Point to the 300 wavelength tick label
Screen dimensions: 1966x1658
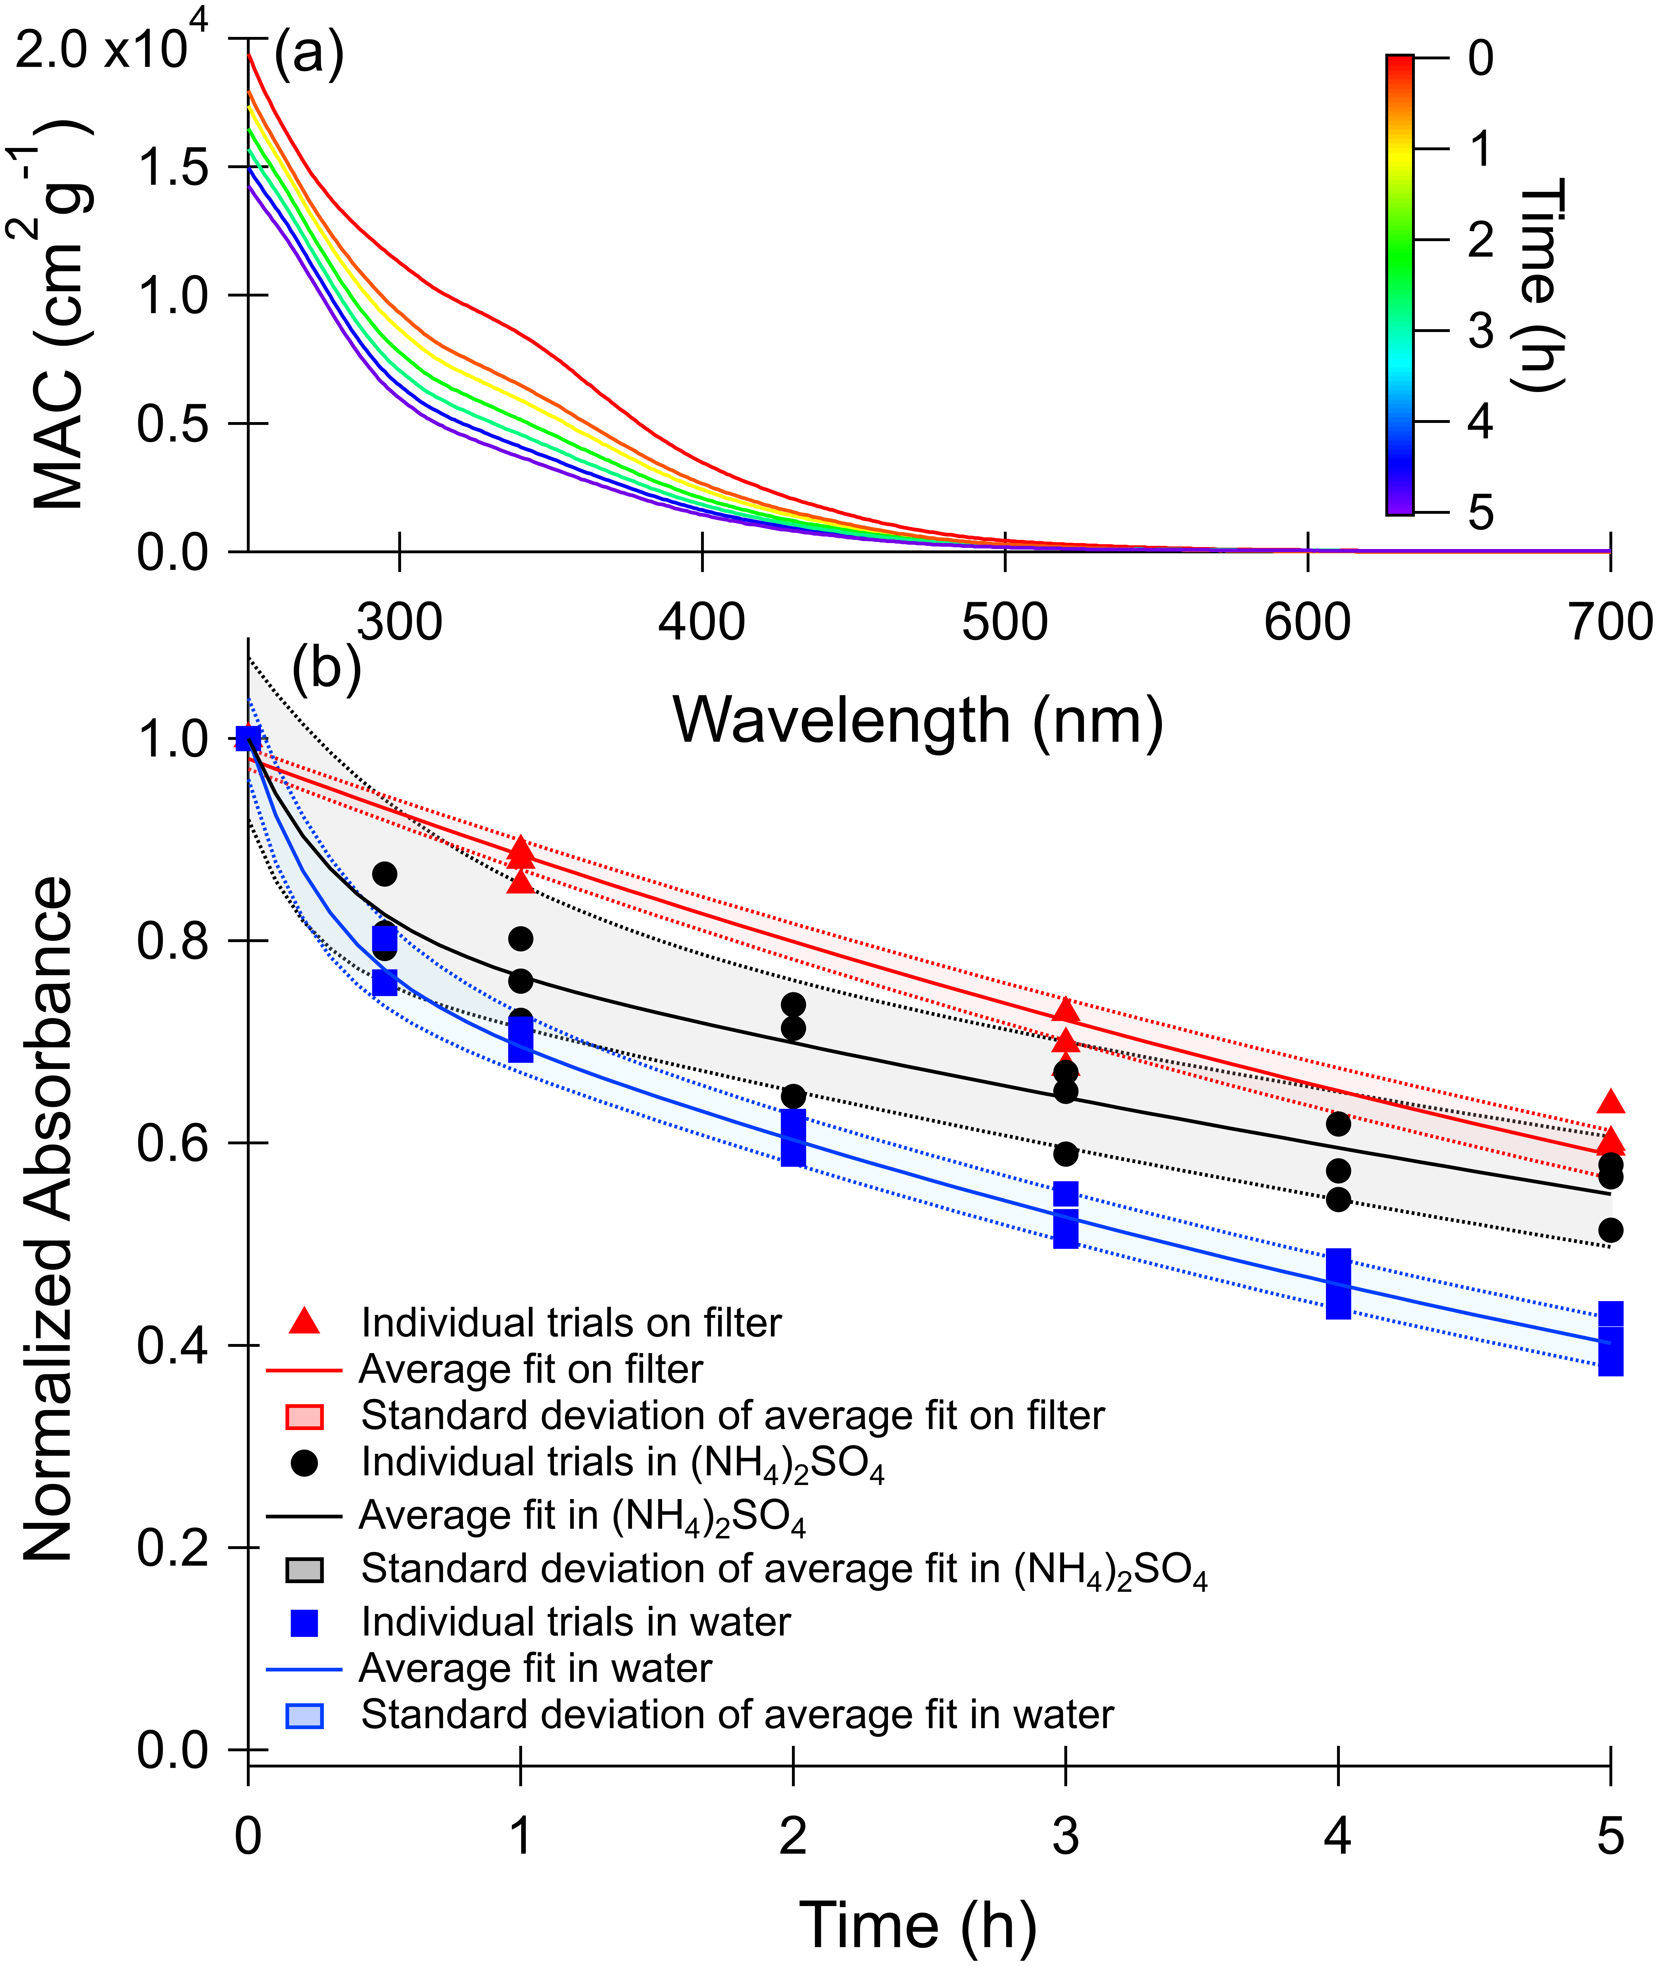[399, 622]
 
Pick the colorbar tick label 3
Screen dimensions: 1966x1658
[1480, 331]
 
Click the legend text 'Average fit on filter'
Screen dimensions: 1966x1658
[531, 1369]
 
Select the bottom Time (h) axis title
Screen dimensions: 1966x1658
[918, 1925]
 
